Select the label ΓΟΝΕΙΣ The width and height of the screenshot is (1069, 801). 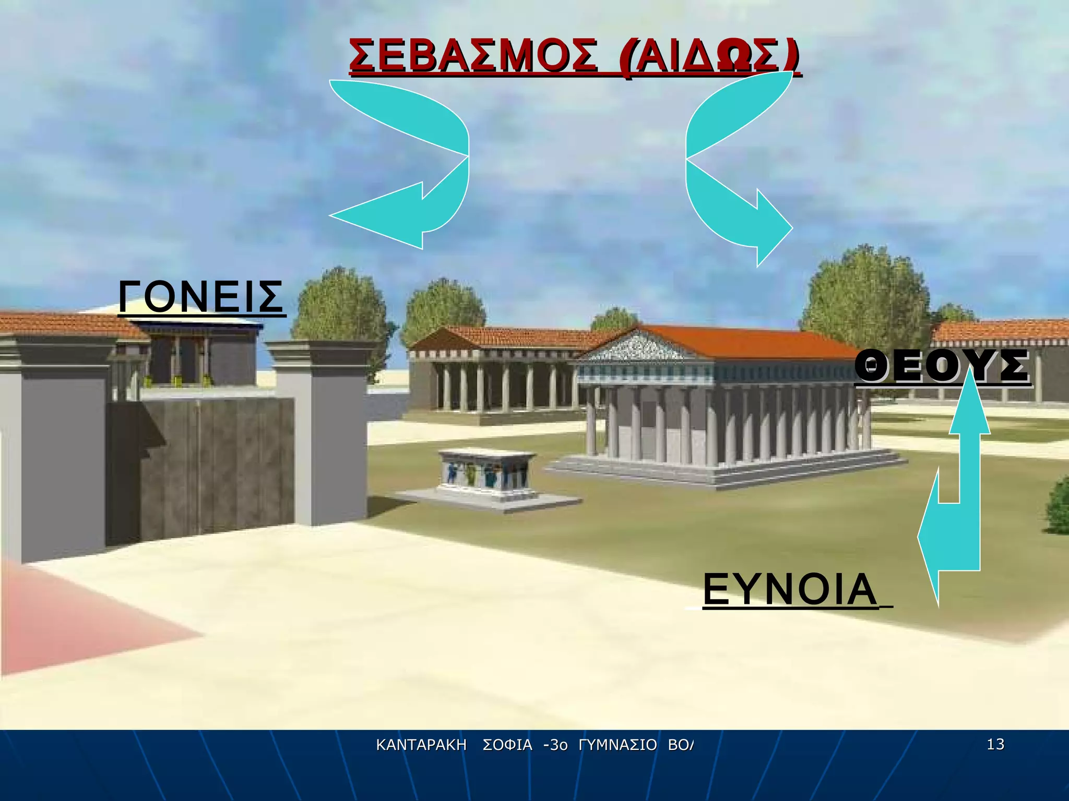point(201,297)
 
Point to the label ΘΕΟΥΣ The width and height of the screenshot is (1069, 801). point(942,367)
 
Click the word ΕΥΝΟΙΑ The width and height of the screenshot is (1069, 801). point(789,589)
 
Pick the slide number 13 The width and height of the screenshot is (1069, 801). point(995,744)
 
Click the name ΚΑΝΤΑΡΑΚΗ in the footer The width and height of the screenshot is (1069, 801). point(421,745)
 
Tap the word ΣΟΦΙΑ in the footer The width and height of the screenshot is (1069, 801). point(507,745)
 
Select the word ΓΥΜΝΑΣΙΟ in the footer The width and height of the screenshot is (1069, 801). point(617,745)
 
